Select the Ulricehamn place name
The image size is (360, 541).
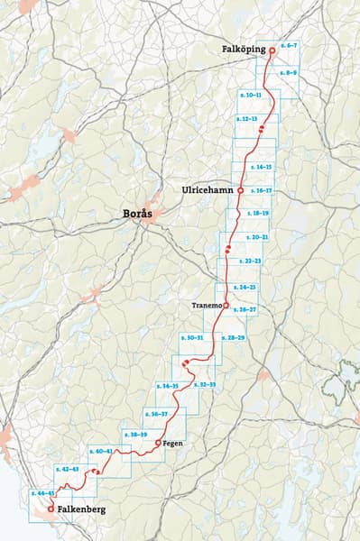pyautogui.click(x=208, y=190)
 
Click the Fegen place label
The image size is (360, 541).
pyautogui.click(x=173, y=444)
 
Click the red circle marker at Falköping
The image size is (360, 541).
pyautogui.click(x=272, y=50)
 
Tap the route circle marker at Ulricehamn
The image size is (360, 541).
pyautogui.click(x=241, y=191)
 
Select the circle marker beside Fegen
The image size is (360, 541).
pyautogui.click(x=158, y=444)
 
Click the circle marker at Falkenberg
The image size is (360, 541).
pyautogui.click(x=50, y=509)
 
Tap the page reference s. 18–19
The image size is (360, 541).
pyautogui.click(x=257, y=214)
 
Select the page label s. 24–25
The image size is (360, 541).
pyautogui.click(x=245, y=287)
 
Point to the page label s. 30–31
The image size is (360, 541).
pyautogui.click(x=191, y=337)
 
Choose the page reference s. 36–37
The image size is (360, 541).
pyautogui.click(x=157, y=414)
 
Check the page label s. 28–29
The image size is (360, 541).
pyautogui.click(x=233, y=337)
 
